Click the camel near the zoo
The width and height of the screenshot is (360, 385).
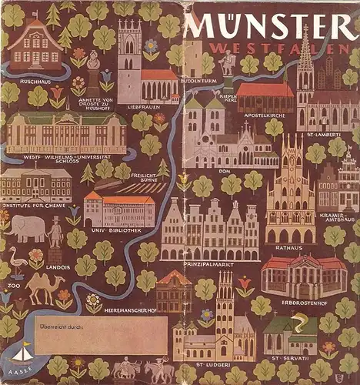pos(45,287)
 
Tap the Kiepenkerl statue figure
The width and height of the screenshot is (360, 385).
pos(227,64)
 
